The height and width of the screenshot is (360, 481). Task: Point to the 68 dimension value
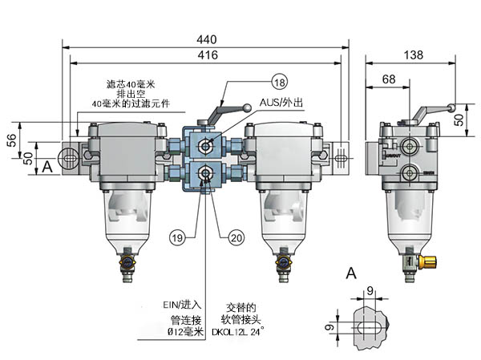point(388,79)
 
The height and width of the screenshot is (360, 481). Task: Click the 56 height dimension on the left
point(12,139)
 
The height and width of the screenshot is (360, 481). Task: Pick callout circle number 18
point(278,83)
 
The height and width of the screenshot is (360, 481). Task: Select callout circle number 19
point(177,236)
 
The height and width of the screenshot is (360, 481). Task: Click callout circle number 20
point(236,236)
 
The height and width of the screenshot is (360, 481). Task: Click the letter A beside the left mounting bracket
point(48,166)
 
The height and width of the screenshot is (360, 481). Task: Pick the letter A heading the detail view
point(350,275)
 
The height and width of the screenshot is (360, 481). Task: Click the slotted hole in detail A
point(369,329)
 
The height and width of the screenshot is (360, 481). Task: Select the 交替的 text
point(240,306)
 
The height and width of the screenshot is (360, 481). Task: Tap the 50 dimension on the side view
point(459,118)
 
